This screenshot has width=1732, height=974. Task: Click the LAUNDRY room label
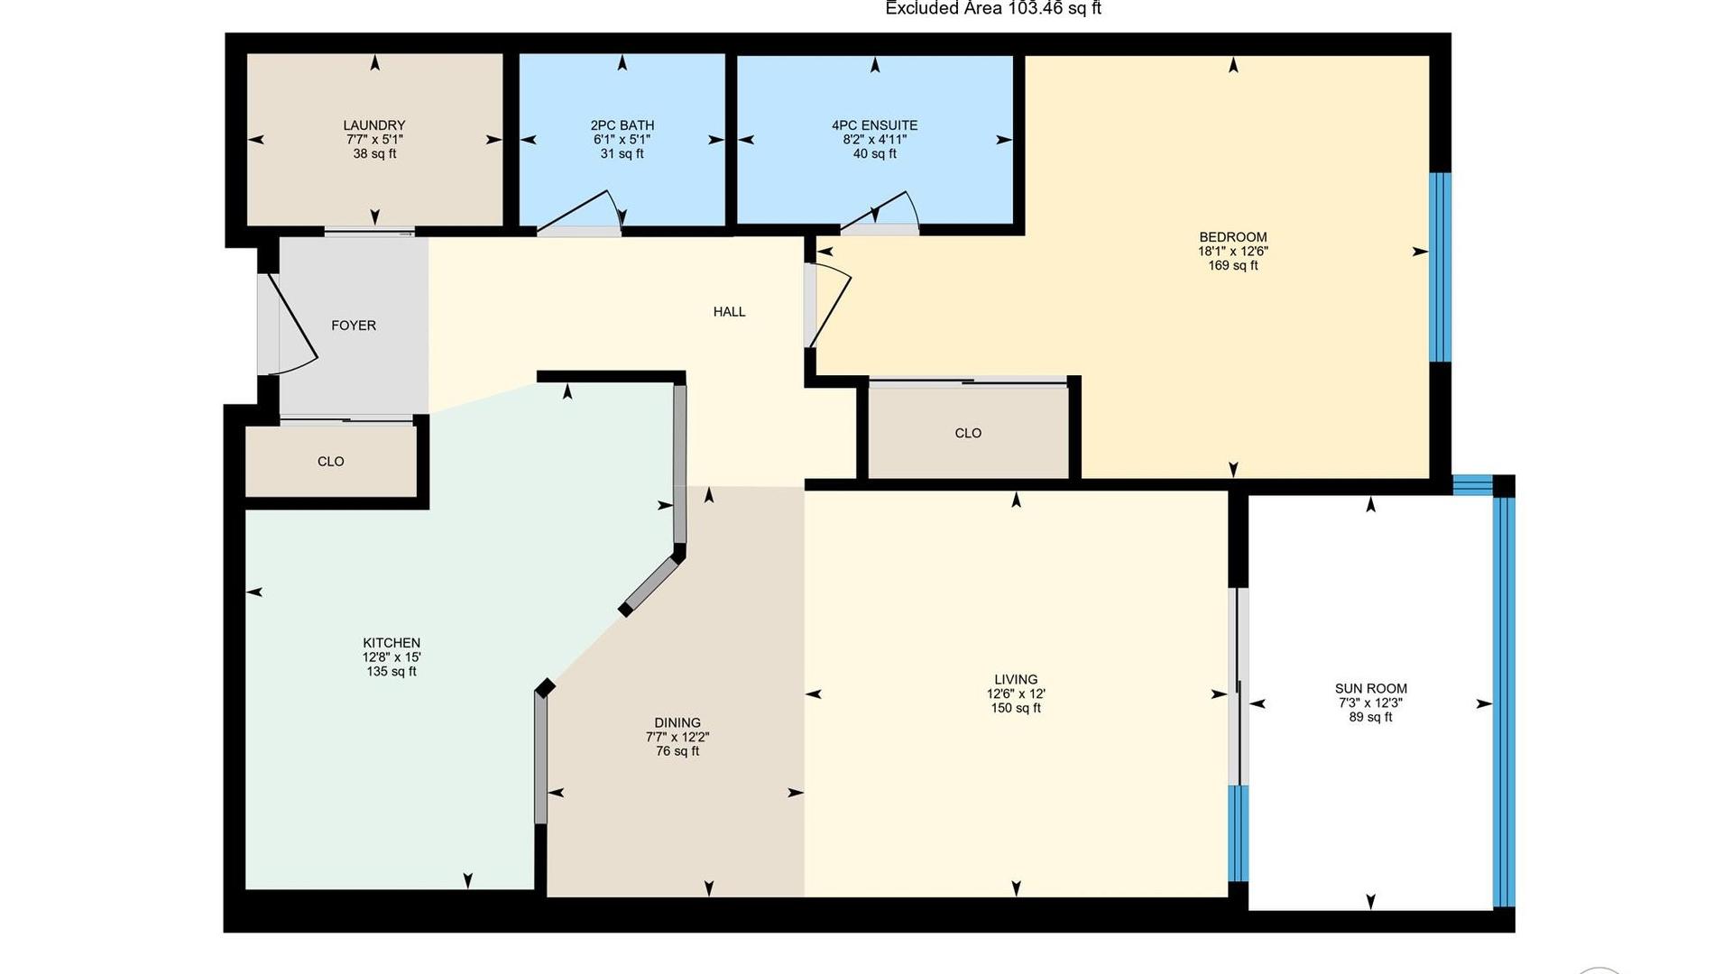pos(373,125)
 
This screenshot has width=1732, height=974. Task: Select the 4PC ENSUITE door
pos(880,213)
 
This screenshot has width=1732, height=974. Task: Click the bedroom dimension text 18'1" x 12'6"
pos(1232,252)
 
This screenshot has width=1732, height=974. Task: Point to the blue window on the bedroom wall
pos(1441,267)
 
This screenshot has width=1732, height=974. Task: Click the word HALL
pos(729,312)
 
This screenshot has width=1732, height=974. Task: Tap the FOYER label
pos(353,326)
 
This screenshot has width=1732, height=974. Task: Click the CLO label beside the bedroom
pos(967,434)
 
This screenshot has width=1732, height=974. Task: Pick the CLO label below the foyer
pos(330,462)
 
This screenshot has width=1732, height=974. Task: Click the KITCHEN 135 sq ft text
pos(391,672)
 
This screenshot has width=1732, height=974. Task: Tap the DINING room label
pos(677,722)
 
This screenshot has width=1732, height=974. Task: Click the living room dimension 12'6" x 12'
pos(1016,694)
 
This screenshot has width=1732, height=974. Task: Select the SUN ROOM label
pos(1370,688)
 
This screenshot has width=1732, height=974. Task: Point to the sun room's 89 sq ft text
pos(1370,718)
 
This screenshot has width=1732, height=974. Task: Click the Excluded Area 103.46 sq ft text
pos(992,9)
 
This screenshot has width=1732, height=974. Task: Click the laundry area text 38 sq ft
pos(373,154)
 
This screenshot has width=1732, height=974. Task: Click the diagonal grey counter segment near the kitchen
pos(651,585)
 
